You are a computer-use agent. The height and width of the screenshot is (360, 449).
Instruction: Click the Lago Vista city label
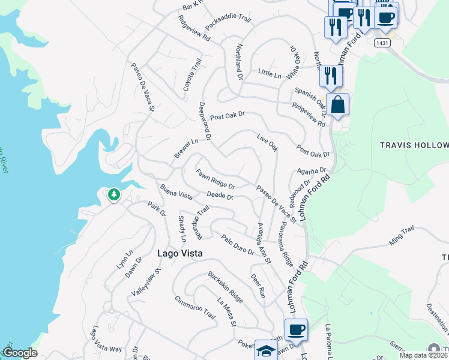tap(180, 253)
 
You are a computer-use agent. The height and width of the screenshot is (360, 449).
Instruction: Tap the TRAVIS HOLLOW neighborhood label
tap(414, 146)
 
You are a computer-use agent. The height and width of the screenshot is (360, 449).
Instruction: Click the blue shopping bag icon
tap(338, 105)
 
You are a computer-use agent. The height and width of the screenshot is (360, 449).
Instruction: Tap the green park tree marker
tap(113, 195)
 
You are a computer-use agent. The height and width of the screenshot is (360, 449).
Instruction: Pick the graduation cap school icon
tap(266, 350)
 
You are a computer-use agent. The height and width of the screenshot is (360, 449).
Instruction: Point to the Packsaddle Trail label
tap(226, 22)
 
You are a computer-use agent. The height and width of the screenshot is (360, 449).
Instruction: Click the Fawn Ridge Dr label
tap(215, 179)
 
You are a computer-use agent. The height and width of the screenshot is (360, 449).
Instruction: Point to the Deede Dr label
tap(219, 196)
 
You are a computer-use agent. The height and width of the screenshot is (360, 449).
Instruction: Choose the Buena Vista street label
tap(176, 193)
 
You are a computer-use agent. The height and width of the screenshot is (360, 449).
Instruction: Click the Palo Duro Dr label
tap(237, 244)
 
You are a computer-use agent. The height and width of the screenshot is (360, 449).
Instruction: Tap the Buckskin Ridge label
tap(225, 287)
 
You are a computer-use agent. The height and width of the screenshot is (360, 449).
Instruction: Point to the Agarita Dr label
tap(311, 170)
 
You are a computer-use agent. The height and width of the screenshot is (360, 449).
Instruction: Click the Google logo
tap(20, 353)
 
